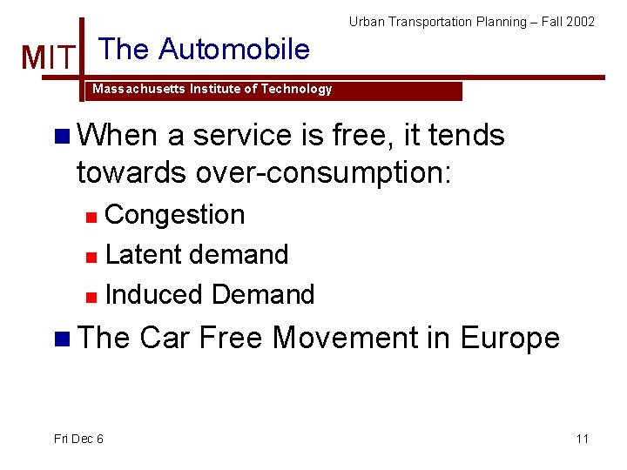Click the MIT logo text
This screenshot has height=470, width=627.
coord(49,58)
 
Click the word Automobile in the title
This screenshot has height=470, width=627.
coord(236,50)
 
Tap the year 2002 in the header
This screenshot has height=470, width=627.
coord(579,22)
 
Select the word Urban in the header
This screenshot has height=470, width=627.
coord(367,22)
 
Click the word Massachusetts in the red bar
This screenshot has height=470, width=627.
coord(134,90)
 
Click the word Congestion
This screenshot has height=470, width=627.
coord(174,215)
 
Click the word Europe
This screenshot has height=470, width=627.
coord(509,338)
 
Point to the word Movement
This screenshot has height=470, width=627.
coord(345,338)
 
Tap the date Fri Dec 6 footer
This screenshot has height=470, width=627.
coord(78,439)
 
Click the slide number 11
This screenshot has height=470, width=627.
coord(583,439)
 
